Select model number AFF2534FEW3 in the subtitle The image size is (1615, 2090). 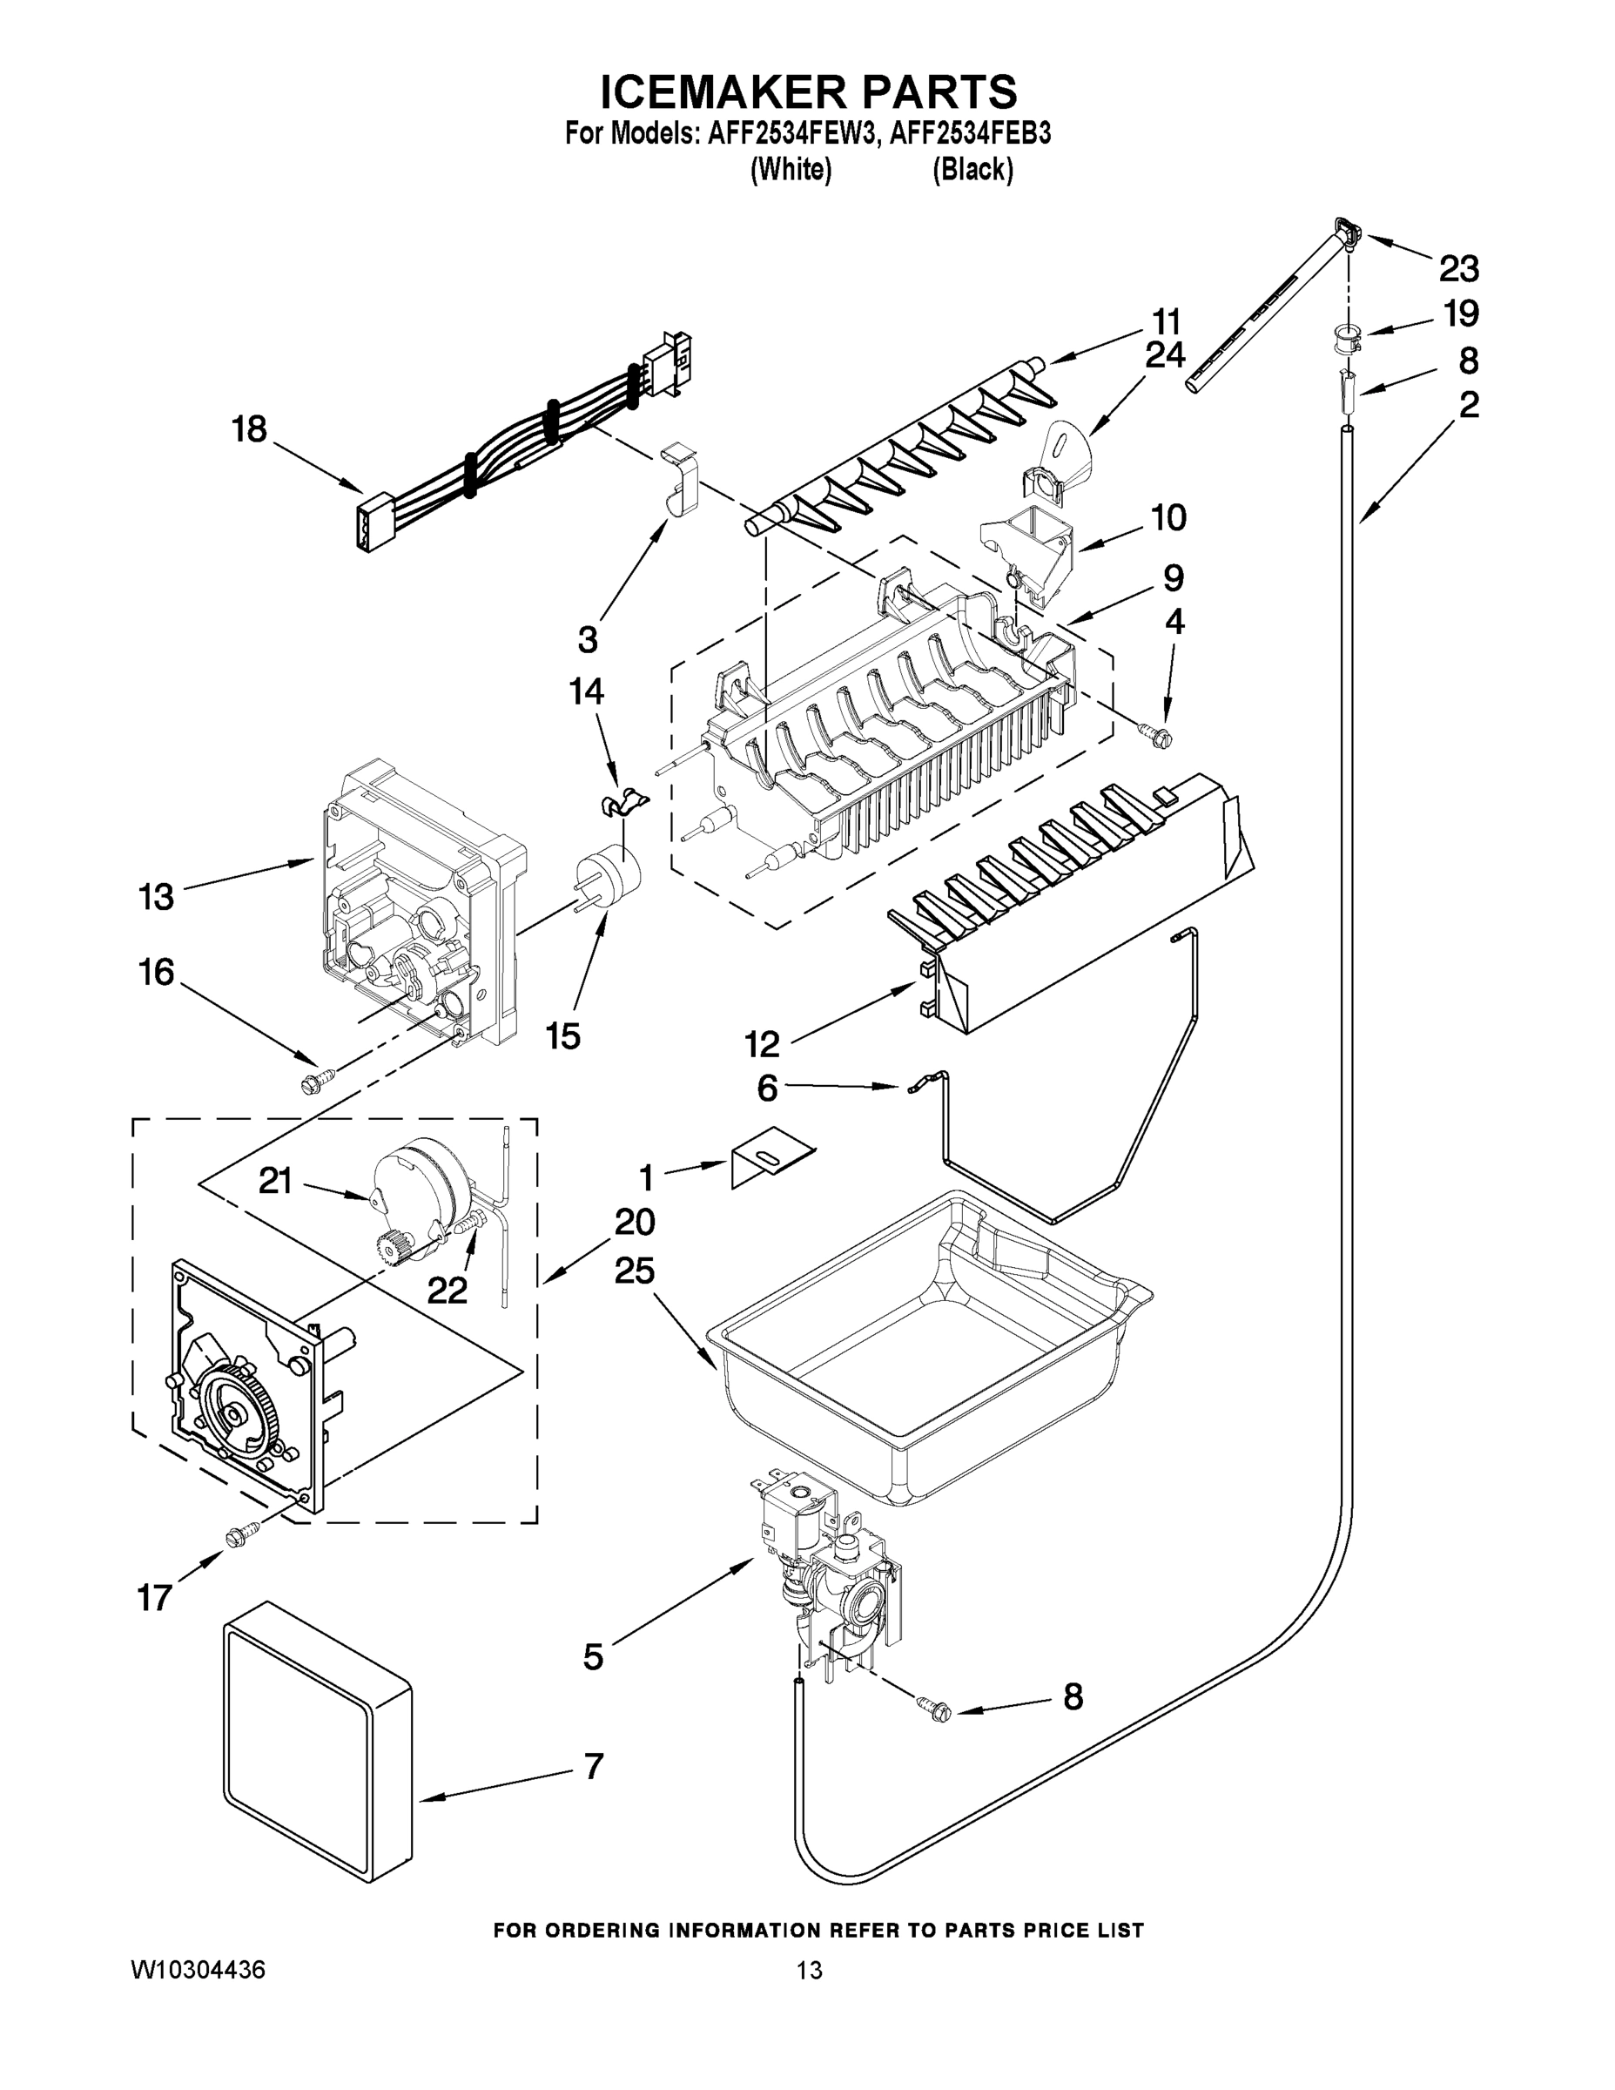pos(791,134)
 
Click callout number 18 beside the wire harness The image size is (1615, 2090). pos(249,429)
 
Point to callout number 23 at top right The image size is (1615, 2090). pos(1459,270)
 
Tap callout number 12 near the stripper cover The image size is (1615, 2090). pos(763,1044)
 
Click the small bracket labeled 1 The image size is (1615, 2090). pos(770,1163)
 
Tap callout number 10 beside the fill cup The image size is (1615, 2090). pos(1168,518)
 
